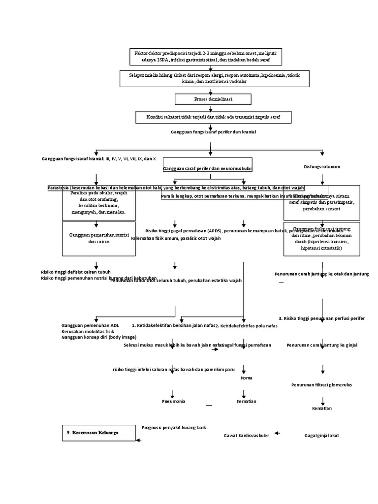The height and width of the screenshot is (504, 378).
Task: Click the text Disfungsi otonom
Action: coord(322,166)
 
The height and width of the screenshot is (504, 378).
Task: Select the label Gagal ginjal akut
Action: coord(321,436)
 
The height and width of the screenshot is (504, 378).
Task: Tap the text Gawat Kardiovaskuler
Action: coord(246,436)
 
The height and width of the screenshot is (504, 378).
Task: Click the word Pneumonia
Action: coord(174,401)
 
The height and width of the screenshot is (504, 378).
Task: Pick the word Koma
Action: coord(246,378)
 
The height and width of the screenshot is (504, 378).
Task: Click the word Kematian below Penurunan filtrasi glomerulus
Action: coord(322,409)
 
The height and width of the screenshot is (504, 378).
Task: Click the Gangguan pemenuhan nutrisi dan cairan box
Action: coord(98,239)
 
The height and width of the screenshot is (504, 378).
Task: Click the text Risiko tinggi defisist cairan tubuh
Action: coord(75,272)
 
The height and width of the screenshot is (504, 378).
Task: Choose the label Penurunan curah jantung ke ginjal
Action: coord(322,345)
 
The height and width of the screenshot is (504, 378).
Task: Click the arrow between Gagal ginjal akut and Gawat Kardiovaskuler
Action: coord(277,433)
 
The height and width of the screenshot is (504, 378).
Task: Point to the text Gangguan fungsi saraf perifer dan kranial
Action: coord(213,132)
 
